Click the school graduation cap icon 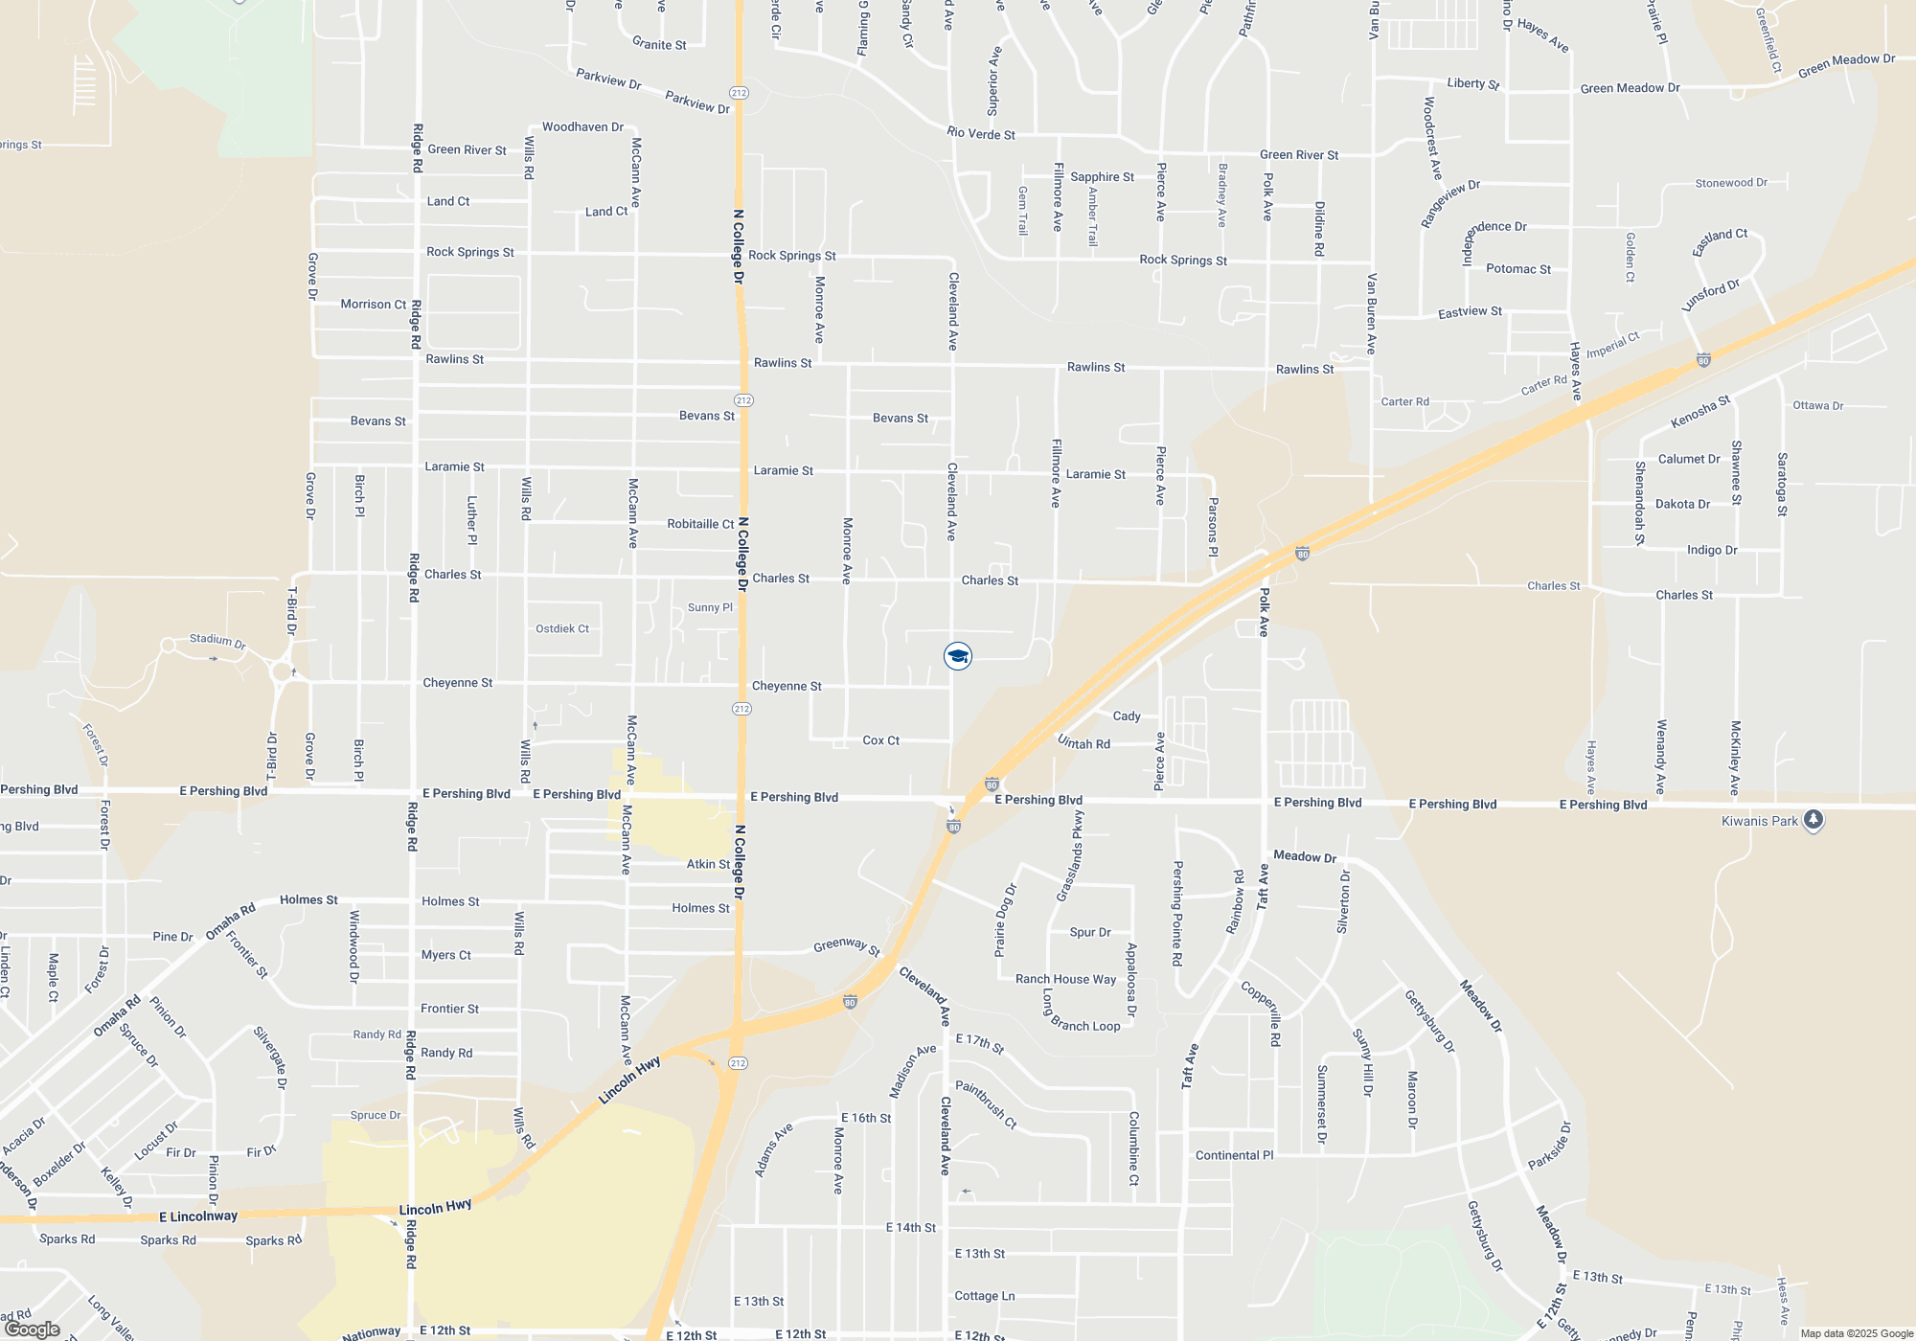point(958,656)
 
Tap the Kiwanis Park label point(1759,821)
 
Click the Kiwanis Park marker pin point(1813,820)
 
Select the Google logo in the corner point(32,1330)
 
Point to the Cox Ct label point(880,740)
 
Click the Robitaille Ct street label point(700,524)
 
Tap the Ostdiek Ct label point(562,628)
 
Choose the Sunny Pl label point(710,607)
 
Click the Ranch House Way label point(1065,979)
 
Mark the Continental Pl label point(1234,1155)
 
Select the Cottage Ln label point(984,1296)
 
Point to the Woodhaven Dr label point(582,126)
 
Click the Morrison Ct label point(374,304)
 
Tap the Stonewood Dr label point(1731,183)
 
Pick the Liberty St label point(1472,83)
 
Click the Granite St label point(659,44)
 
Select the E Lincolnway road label point(198,1216)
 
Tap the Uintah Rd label point(1083,742)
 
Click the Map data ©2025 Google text point(1857,1333)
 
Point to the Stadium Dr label point(217,640)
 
